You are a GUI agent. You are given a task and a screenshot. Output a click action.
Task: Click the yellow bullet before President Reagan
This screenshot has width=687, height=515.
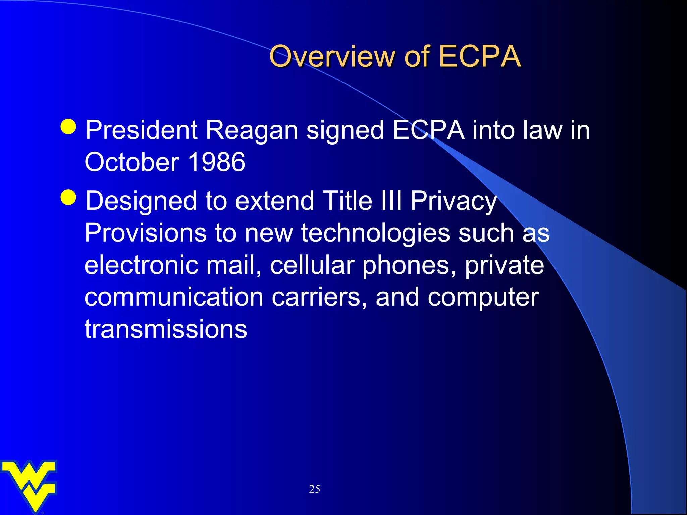click(69, 126)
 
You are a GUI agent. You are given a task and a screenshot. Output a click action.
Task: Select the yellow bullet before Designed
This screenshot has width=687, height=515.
click(69, 197)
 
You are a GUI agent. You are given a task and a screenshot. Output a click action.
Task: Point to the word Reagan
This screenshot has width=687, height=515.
click(252, 131)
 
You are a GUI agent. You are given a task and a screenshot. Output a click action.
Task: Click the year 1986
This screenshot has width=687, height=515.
click(217, 162)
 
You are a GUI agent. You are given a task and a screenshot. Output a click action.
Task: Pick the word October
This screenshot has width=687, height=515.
click(132, 162)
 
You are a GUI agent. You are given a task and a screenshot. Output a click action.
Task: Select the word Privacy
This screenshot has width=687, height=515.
click(454, 201)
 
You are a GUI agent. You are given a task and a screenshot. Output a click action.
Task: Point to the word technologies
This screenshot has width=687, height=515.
click(375, 233)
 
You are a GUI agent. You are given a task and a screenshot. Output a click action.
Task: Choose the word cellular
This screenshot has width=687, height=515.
click(312, 265)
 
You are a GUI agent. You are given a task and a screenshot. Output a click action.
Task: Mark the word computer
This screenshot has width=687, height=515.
click(483, 298)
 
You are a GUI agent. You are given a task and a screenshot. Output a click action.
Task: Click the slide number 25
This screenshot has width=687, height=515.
click(314, 489)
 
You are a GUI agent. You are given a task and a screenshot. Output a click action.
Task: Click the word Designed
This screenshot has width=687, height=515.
click(141, 201)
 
